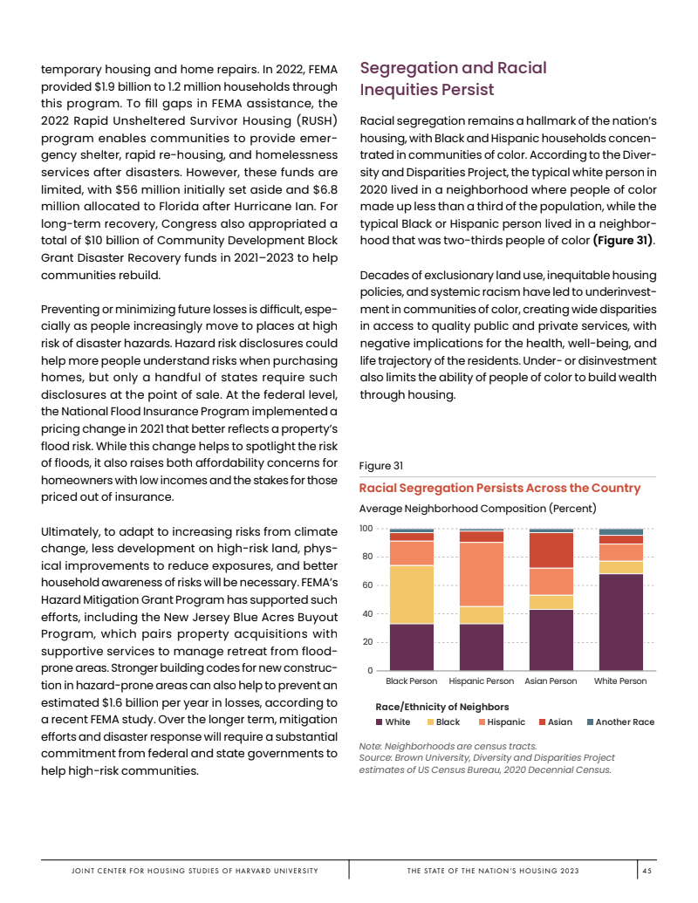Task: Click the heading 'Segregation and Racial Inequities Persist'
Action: coord(454,79)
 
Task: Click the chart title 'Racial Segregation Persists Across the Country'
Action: coord(500,488)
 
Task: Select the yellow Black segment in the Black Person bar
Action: coord(411,594)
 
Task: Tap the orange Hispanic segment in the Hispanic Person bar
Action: coord(482,574)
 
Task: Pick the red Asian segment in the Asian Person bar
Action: coord(551,551)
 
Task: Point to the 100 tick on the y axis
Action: coord(366,529)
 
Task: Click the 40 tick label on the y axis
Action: coord(367,613)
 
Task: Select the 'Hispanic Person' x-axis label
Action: coord(482,681)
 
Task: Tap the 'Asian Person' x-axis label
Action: coord(551,681)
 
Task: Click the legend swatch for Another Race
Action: coord(589,722)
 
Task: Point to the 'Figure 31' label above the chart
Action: coord(380,466)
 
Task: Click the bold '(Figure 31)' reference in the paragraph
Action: coord(623,240)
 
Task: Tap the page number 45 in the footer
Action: coord(647,871)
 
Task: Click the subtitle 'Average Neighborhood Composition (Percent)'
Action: coord(477,508)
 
